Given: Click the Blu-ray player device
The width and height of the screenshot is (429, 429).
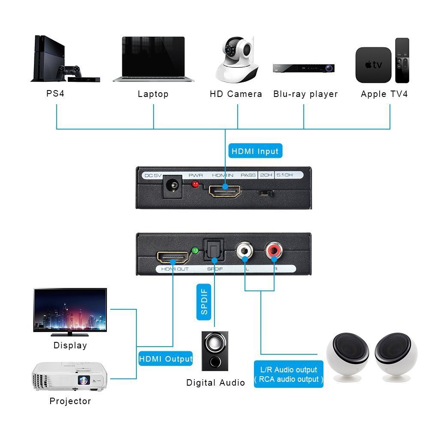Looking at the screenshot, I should click(303, 68).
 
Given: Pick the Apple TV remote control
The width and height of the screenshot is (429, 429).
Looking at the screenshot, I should click(402, 60).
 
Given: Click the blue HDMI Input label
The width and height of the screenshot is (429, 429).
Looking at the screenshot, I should click(255, 151).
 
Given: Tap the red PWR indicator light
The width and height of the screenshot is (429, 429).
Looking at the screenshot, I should click(196, 184).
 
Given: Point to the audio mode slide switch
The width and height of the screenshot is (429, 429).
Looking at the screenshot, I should click(266, 193).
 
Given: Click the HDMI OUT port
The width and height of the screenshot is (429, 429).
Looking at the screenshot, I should click(173, 257).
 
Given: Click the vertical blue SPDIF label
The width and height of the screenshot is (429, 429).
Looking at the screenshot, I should click(204, 302).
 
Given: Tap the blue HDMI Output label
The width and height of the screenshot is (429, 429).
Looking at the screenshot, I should click(166, 359).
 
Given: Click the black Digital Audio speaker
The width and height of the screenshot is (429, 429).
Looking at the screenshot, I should click(214, 351).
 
